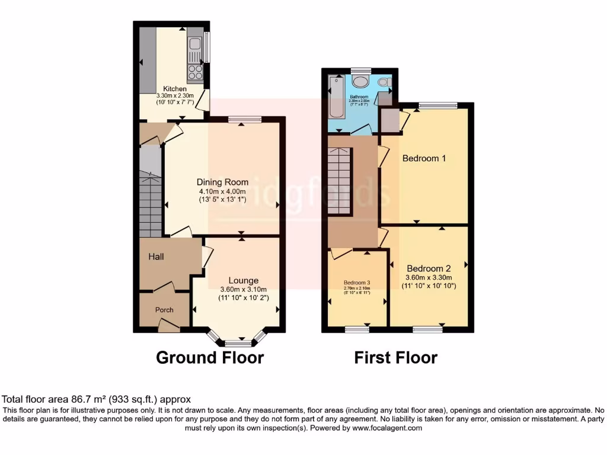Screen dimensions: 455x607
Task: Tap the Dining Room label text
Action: coord(222,182)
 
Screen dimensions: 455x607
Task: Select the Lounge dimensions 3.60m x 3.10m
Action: coord(244,289)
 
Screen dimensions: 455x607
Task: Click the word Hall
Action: coord(156,257)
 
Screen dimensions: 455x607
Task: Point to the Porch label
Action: coord(164,310)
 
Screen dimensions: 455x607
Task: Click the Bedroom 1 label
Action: coord(424,158)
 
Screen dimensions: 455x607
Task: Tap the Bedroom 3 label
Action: coord(357,283)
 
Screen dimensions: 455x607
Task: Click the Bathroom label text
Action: coord(359,97)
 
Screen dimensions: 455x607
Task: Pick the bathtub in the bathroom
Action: coord(337,98)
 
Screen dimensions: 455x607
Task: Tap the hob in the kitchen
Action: coord(196,72)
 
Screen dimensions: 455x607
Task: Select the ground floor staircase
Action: coord(151,201)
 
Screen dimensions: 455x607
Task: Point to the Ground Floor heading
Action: coord(209,358)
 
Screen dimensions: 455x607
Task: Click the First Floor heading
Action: coord(395,358)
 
